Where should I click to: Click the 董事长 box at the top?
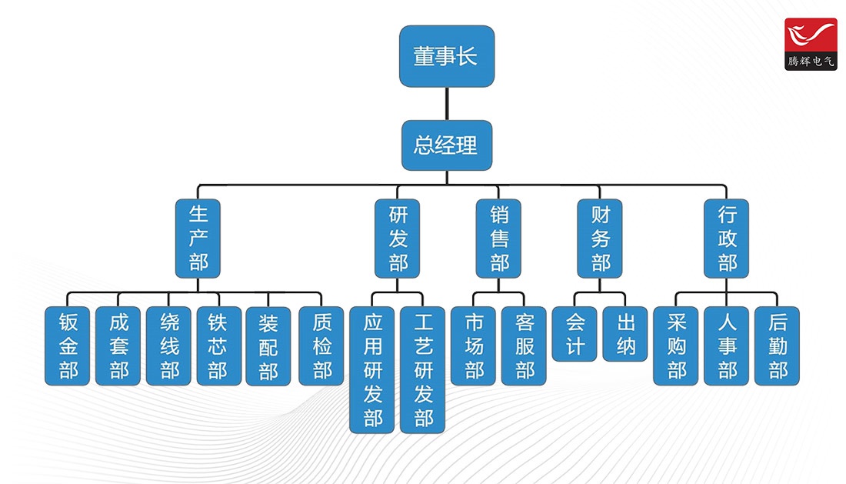click(x=446, y=56)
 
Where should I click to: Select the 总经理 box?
click(x=446, y=145)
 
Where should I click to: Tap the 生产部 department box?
click(x=198, y=238)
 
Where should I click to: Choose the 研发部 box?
click(x=398, y=238)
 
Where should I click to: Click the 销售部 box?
click(x=498, y=238)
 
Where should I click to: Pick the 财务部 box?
click(x=600, y=238)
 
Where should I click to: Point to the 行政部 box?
click(x=726, y=238)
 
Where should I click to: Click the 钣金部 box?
click(x=68, y=345)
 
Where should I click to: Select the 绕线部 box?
click(x=168, y=345)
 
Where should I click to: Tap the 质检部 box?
click(x=321, y=345)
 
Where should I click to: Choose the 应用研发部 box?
click(x=372, y=369)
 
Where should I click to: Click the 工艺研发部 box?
click(x=423, y=369)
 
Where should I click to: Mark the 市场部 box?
click(x=474, y=345)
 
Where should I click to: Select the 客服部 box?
click(x=524, y=345)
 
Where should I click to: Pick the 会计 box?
click(x=575, y=334)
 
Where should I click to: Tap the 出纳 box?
click(x=625, y=334)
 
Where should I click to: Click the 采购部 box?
click(x=675, y=345)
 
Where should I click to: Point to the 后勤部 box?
click(x=777, y=345)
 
